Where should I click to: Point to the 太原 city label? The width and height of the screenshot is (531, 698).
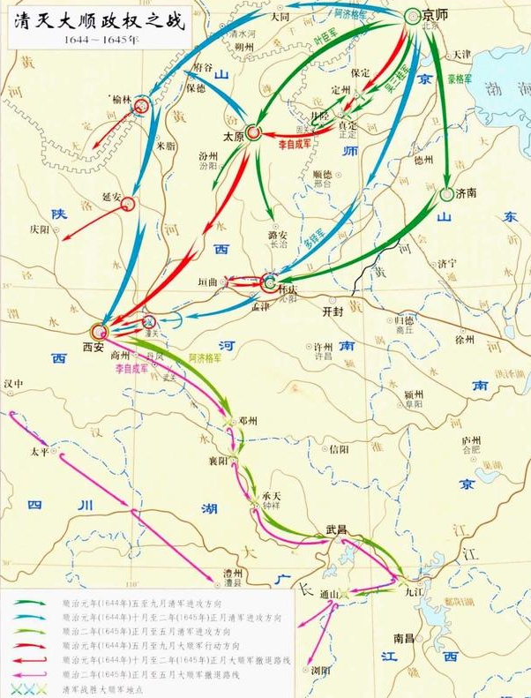pyautogui.click(x=233, y=137)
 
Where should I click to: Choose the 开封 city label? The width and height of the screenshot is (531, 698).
pyautogui.click(x=333, y=311)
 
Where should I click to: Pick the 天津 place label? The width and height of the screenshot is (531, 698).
pyautogui.click(x=462, y=54)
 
